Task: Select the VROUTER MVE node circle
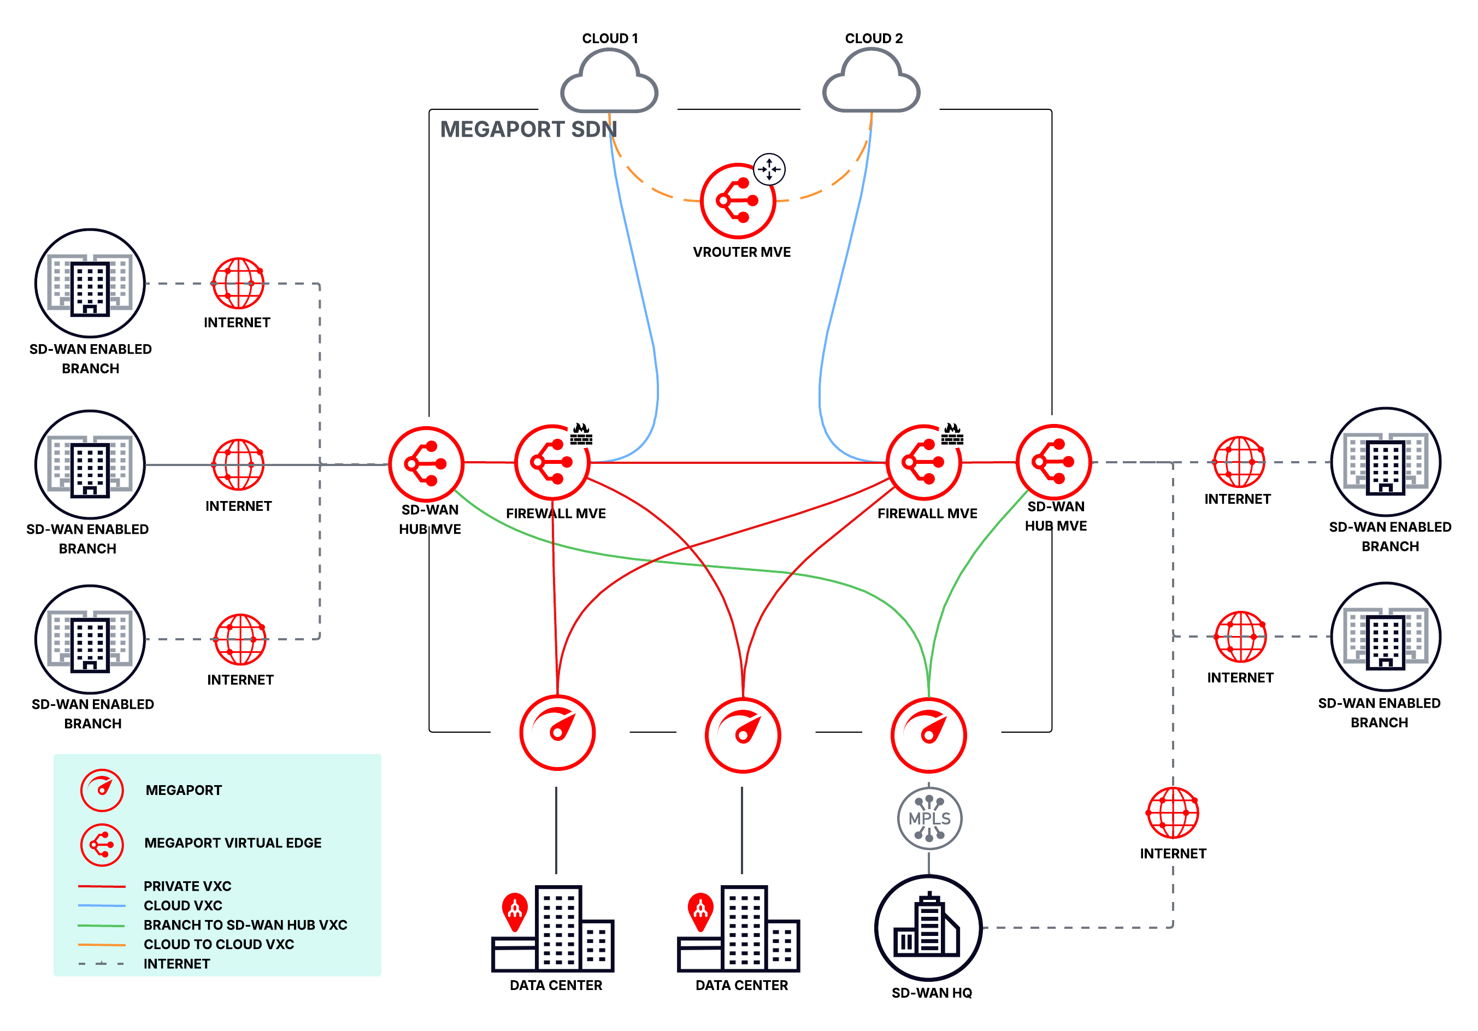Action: (x=737, y=201)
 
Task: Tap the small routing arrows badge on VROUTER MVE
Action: (x=769, y=169)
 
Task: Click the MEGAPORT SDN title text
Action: (x=528, y=129)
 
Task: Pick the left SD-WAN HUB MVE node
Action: (x=426, y=463)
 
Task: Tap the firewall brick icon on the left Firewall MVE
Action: (x=581, y=435)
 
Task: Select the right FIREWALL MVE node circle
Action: (x=923, y=462)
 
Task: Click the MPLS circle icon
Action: (x=929, y=818)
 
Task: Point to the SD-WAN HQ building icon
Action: (x=928, y=927)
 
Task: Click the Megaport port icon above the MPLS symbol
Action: (x=928, y=734)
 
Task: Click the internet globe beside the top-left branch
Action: (x=238, y=283)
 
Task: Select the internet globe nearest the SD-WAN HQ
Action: (x=1172, y=812)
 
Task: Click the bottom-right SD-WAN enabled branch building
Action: (x=1385, y=637)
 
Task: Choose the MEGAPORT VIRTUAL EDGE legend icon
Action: (x=102, y=844)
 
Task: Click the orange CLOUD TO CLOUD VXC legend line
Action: (x=101, y=944)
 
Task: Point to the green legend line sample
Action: (x=101, y=925)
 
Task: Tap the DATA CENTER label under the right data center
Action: (x=741, y=985)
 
